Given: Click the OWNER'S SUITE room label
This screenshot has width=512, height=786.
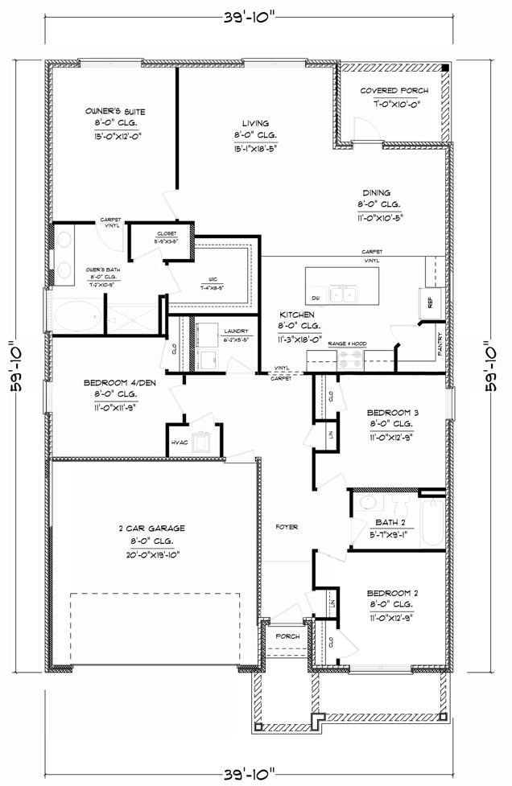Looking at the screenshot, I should pos(115,111).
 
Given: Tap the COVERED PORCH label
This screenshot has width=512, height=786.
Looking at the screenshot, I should pos(394,91).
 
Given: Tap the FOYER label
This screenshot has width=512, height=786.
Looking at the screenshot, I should pos(287,527).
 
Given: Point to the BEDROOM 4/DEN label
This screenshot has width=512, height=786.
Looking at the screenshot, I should pos(119,383).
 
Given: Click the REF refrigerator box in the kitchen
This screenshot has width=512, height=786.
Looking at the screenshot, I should pos(429,303).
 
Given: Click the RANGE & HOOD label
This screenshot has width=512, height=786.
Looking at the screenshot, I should pos(348,344).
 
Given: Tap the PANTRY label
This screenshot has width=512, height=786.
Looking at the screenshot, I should pos(439,344).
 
